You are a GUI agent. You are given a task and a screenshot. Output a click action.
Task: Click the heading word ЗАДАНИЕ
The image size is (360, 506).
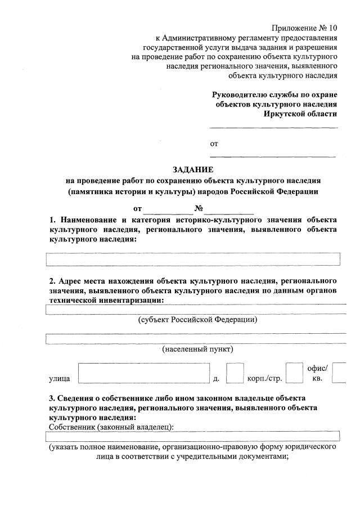[192, 169]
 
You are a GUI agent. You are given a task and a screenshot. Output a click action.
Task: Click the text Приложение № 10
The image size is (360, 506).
[304, 28]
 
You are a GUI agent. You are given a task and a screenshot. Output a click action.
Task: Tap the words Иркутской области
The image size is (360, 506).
[300, 114]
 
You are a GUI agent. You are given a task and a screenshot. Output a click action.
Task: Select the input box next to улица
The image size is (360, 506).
[140, 373]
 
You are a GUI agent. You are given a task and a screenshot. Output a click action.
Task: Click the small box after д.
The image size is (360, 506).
[235, 373]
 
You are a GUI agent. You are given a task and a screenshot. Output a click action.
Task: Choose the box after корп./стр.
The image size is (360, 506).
[294, 373]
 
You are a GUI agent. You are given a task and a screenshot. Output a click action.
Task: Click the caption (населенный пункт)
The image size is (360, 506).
[197, 349]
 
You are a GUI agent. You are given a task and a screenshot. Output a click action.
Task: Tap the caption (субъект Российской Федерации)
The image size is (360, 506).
[198, 320]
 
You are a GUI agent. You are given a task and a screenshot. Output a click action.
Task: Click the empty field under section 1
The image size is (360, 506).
[193, 259]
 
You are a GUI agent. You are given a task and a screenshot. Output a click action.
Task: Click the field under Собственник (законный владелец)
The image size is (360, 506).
[193, 436]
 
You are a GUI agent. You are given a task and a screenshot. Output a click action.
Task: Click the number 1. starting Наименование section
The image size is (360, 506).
[52, 220]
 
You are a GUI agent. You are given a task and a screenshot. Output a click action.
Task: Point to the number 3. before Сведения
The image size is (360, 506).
[52, 398]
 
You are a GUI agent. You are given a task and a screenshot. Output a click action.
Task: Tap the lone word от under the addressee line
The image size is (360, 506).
[214, 144]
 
